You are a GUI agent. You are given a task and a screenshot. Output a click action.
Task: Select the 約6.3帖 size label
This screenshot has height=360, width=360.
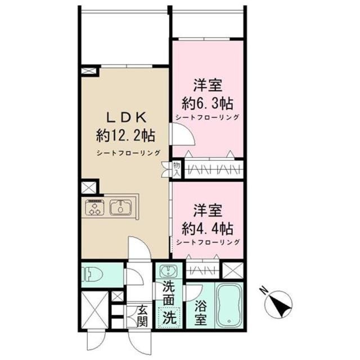208,103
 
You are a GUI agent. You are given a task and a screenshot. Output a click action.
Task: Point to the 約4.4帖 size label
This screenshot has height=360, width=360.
208,228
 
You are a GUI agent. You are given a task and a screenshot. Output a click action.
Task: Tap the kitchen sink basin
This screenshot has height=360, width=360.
120,208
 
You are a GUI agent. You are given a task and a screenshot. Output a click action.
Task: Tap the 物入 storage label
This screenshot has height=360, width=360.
176,169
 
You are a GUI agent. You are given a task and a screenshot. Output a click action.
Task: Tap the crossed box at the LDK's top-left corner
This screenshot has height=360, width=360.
89,72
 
